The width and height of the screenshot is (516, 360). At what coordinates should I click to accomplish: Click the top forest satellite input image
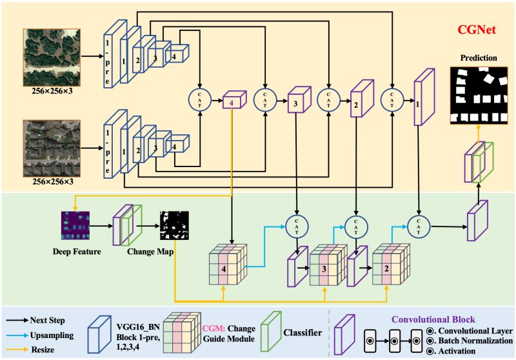(x=52, y=56)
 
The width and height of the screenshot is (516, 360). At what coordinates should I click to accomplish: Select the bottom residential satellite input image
(x=52, y=148)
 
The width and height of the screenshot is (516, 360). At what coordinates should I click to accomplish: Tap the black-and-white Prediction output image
(x=478, y=95)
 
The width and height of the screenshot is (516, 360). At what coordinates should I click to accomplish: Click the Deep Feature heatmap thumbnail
(x=77, y=225)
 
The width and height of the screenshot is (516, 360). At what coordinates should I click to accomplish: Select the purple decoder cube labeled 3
(x=296, y=102)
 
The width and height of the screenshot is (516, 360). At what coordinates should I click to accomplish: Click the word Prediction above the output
(x=478, y=58)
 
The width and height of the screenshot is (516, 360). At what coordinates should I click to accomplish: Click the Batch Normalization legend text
(x=474, y=341)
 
